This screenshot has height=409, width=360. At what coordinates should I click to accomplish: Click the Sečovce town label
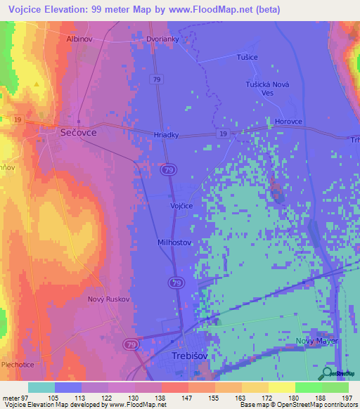(x=77, y=131)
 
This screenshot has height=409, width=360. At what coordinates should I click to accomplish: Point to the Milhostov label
(x=174, y=242)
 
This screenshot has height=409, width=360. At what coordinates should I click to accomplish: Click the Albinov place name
(x=79, y=39)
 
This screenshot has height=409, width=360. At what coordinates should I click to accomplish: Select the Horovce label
(x=289, y=121)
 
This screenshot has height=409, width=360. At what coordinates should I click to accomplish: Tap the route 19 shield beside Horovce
(x=223, y=134)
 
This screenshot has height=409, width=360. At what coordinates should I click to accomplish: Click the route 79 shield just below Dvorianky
(x=157, y=80)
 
